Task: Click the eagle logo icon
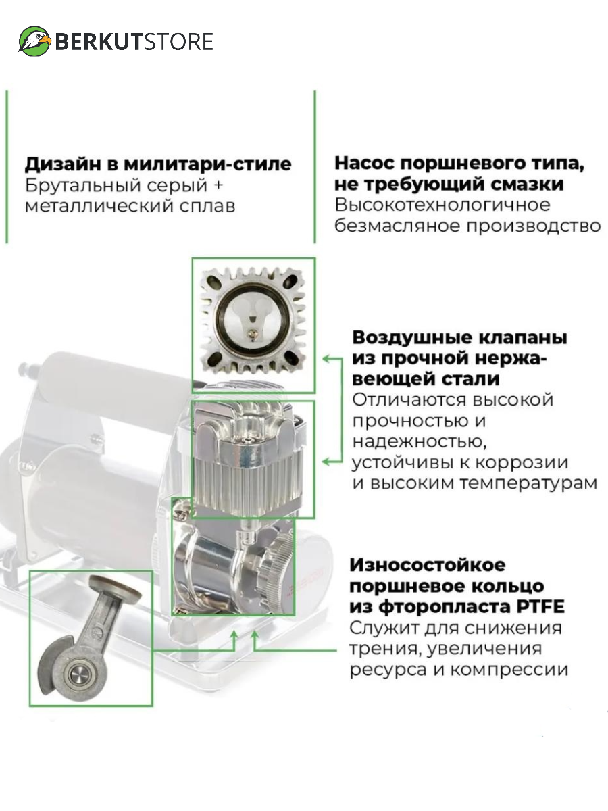click(x=34, y=41)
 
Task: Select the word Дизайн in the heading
click(x=64, y=164)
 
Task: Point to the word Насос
click(x=365, y=164)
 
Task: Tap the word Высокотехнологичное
click(x=442, y=205)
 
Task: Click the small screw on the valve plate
click(x=253, y=334)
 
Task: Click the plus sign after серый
click(x=218, y=185)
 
